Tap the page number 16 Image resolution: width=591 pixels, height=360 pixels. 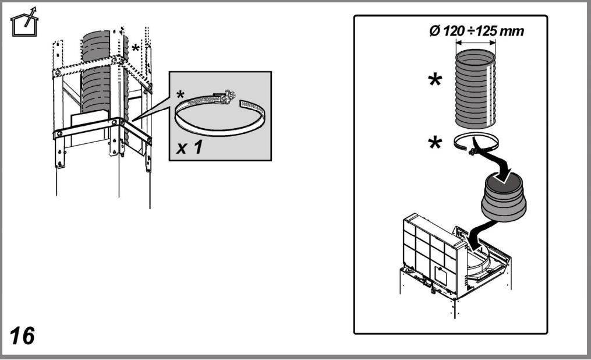22,336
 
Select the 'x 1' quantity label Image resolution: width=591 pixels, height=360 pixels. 190,147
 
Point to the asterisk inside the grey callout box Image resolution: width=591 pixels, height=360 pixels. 181,95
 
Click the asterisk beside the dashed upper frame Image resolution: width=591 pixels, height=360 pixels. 135,49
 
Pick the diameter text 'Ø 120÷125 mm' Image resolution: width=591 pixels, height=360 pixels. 476,30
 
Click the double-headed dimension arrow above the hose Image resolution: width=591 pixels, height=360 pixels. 476,43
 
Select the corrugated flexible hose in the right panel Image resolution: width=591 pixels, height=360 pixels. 475,89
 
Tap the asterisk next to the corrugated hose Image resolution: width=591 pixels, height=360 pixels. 435,80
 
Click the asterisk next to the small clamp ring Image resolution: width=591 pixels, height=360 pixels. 435,143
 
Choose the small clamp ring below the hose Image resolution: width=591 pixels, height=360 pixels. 476,143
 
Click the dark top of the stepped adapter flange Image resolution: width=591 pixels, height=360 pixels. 503,183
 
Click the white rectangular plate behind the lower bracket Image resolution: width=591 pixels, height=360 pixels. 90,128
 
